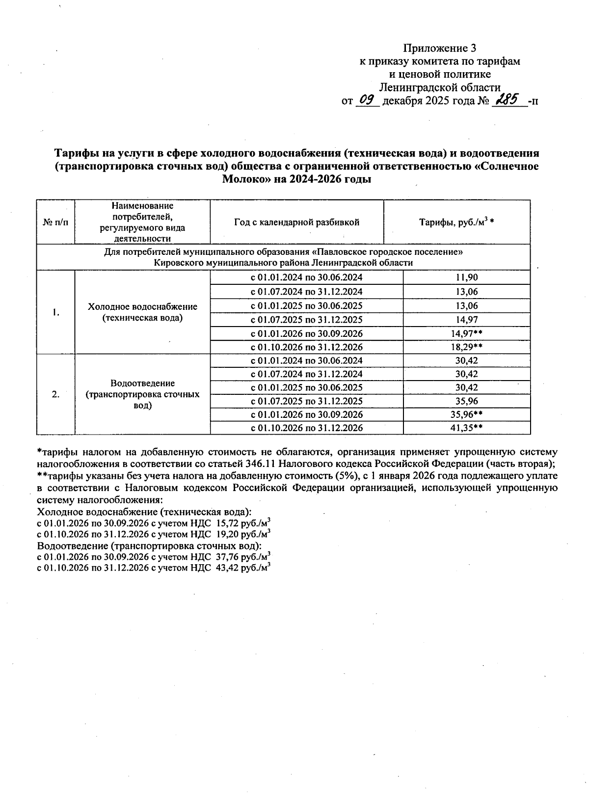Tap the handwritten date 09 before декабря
[x=366, y=100]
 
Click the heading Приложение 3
[x=439, y=48]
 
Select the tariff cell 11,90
[x=466, y=277]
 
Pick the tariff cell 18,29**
[x=466, y=347]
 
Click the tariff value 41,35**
[x=466, y=428]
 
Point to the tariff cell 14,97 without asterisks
[x=466, y=320]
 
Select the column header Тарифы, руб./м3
[x=456, y=222]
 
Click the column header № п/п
[x=55, y=222]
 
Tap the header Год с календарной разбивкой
[x=296, y=222]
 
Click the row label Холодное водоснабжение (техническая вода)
[x=142, y=312]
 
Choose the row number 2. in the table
[x=55, y=394]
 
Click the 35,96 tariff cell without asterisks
[x=466, y=401]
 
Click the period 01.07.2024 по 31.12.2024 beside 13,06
[x=307, y=292]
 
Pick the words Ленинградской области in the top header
[x=440, y=88]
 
